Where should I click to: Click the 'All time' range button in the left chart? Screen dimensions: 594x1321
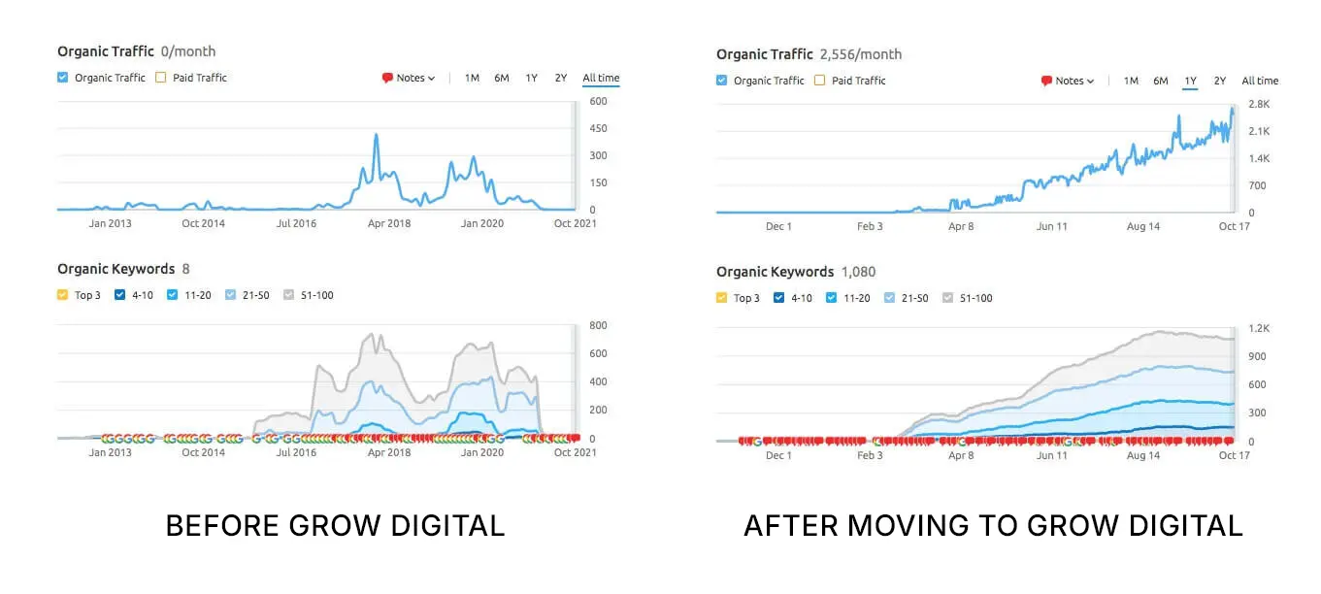601,78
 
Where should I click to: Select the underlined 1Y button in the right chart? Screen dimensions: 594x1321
1190,81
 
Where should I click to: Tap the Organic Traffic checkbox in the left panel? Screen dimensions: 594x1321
63,78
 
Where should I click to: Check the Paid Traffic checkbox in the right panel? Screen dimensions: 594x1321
820,81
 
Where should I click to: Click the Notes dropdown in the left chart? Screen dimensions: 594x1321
409,78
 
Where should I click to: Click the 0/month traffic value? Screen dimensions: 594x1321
188,51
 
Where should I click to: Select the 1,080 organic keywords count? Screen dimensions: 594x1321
858,272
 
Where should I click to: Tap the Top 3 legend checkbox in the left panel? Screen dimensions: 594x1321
63,295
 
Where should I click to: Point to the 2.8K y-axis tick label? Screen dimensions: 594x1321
1259,104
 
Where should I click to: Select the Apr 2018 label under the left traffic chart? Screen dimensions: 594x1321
388,223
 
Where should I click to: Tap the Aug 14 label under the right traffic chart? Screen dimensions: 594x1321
1143,226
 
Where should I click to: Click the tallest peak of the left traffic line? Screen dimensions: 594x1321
376,136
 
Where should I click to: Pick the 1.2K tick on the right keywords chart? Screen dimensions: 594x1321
1259,329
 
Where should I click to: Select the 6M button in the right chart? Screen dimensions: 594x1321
1161,81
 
